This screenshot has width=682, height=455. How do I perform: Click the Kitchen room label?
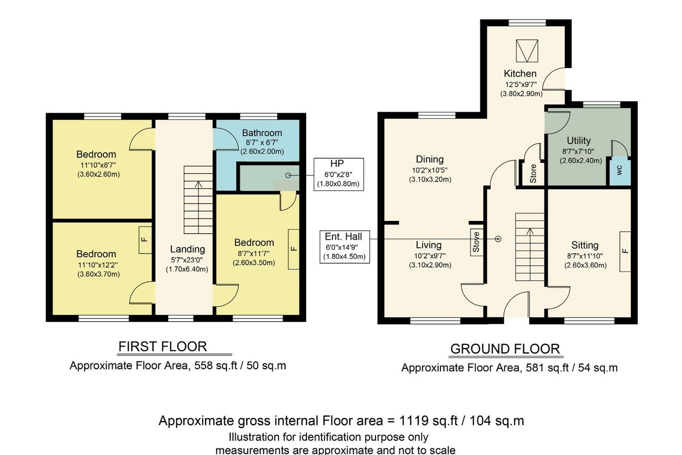pos(520,73)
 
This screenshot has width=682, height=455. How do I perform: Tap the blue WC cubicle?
pos(620,171)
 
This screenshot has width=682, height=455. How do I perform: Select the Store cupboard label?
pos(533,173)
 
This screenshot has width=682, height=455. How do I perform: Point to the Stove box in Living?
pos(476,242)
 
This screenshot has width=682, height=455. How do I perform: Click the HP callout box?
pos(339,174)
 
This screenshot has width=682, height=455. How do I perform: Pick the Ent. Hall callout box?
pos(345,246)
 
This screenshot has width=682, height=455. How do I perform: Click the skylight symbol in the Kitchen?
pos(527,51)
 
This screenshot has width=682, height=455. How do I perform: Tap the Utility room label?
pos(578,141)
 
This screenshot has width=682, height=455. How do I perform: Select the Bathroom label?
pos(262,133)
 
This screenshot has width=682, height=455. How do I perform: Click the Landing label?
pos(187,249)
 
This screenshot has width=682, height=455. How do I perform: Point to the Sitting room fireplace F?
pos(625,251)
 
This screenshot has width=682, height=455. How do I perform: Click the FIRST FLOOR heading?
pos(162,347)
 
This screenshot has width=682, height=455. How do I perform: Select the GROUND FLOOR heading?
pos(505,349)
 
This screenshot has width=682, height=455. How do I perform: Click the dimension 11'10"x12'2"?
pos(98,265)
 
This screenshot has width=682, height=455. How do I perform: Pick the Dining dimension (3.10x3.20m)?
pos(430,180)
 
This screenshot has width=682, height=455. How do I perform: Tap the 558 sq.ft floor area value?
pos(215,365)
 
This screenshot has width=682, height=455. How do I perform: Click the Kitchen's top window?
pos(527,23)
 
